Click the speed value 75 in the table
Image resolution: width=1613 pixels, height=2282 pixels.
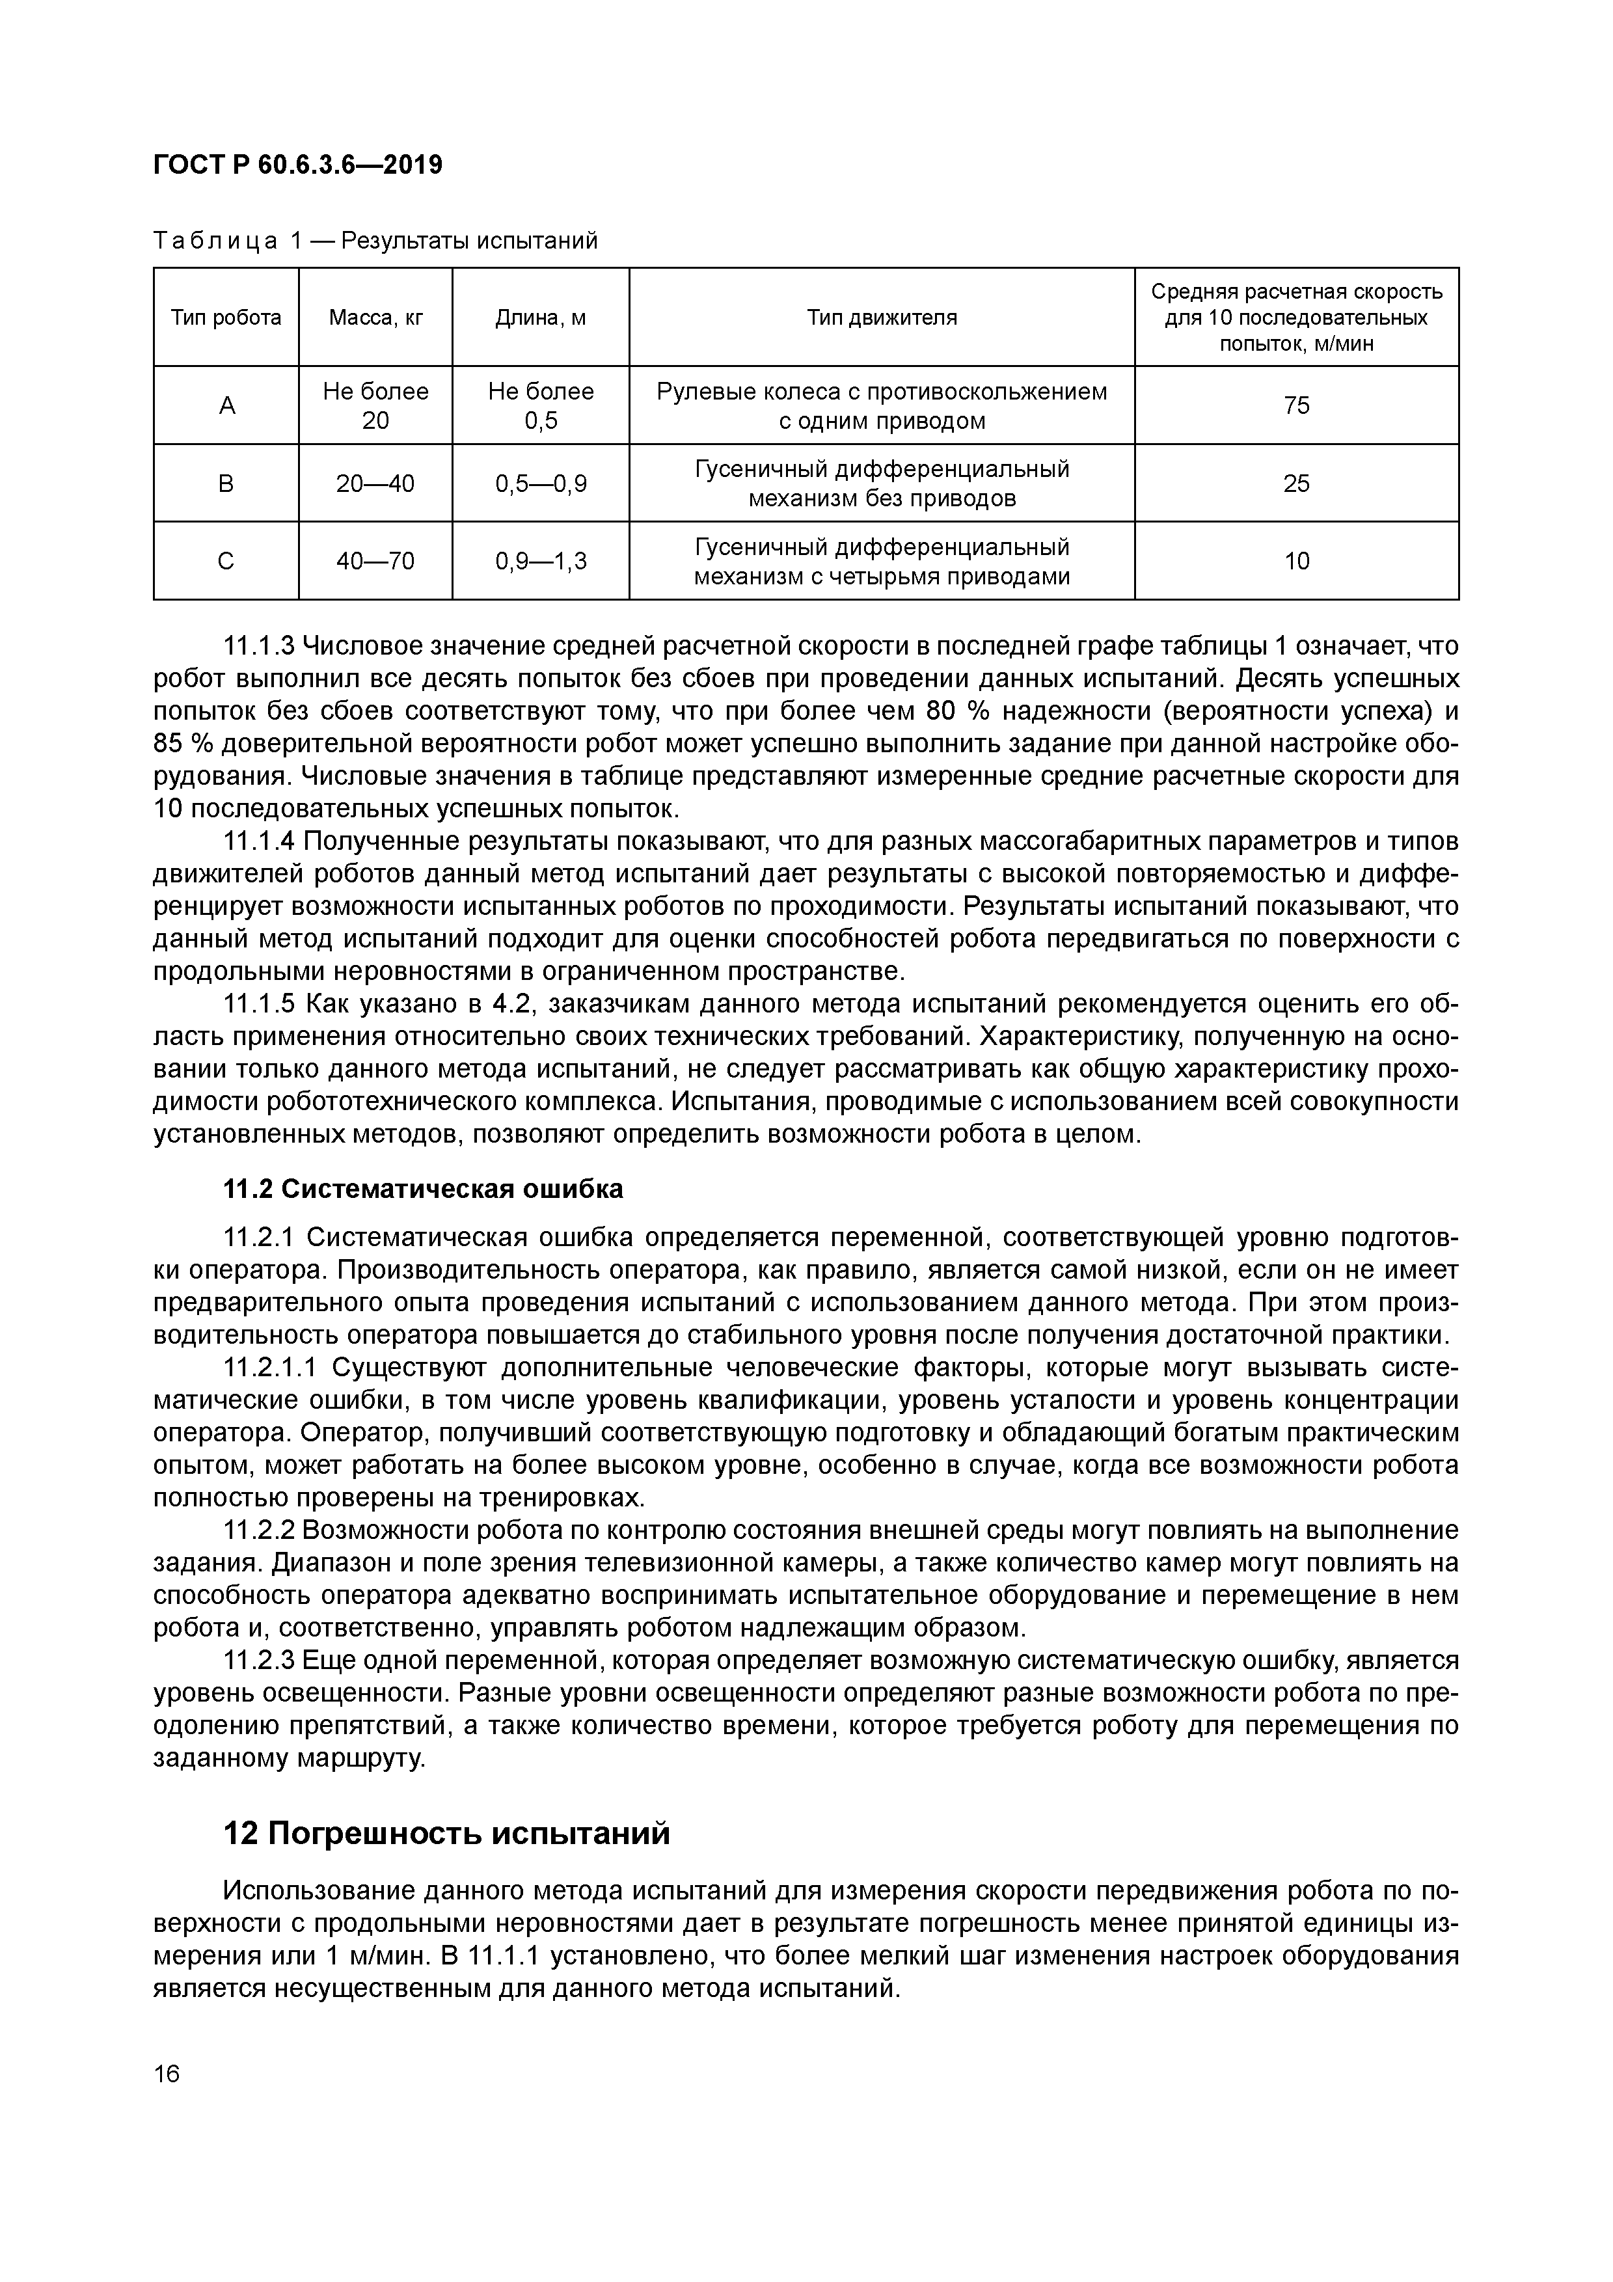[1296, 405]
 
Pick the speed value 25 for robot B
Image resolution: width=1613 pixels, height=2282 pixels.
[1296, 484]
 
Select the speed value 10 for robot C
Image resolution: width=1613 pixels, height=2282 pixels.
[1296, 562]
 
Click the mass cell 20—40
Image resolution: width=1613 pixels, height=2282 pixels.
[375, 484]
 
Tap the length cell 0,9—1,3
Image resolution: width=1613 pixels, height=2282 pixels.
[541, 562]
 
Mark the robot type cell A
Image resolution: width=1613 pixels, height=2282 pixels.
[226, 405]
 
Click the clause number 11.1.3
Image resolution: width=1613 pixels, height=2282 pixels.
[260, 647]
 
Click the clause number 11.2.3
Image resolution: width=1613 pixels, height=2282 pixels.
[260, 1661]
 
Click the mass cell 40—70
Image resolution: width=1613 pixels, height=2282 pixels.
[375, 562]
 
